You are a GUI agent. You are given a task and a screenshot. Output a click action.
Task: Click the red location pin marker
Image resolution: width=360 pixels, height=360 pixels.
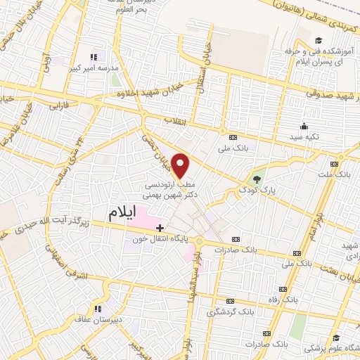[x=181, y=165]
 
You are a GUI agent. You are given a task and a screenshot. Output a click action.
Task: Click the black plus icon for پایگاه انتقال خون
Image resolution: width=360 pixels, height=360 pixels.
[x=160, y=228]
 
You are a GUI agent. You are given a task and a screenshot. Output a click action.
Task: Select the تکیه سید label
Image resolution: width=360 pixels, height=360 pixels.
[x=303, y=136]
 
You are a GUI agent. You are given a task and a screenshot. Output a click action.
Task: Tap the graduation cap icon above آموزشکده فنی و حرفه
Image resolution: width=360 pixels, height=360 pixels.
[x=319, y=41]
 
